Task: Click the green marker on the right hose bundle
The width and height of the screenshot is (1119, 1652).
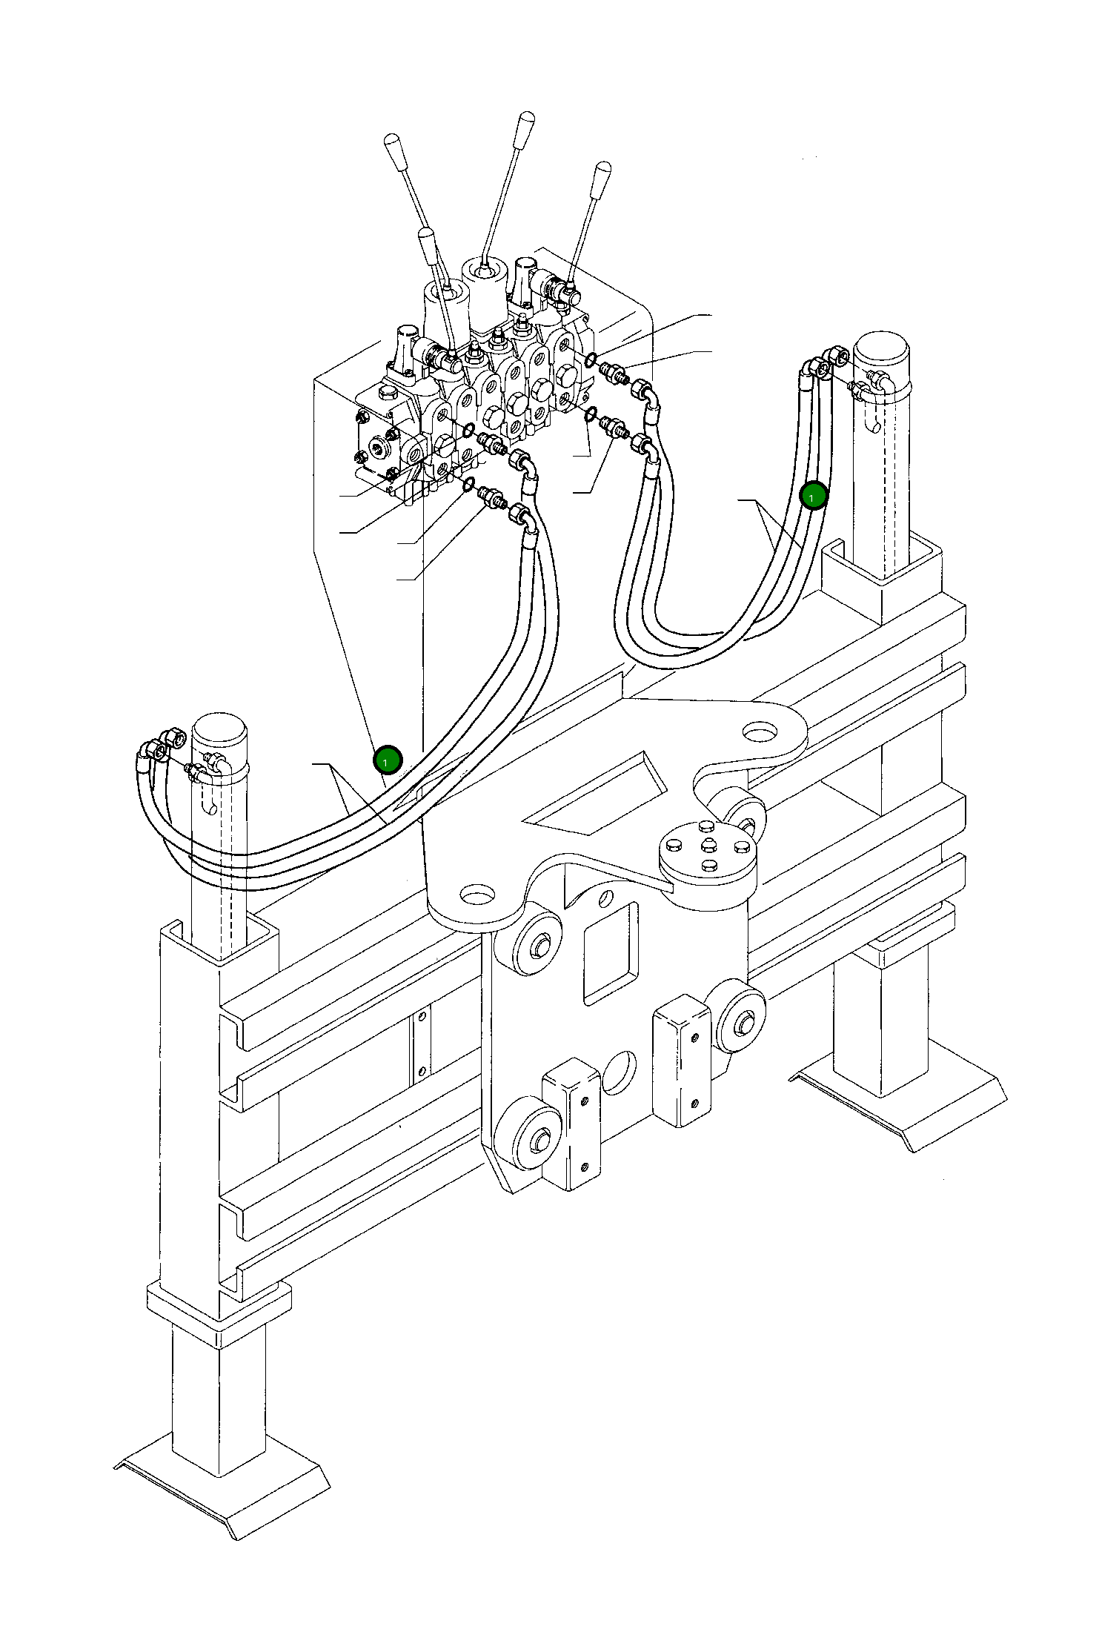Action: tap(814, 497)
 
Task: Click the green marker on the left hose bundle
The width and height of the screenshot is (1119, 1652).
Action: tap(387, 760)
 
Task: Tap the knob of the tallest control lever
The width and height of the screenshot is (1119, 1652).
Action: tap(526, 122)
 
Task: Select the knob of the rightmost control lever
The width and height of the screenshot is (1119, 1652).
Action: tap(602, 174)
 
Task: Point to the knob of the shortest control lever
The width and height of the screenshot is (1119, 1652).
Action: tap(426, 239)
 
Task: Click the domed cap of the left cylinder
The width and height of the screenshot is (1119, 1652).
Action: tap(219, 737)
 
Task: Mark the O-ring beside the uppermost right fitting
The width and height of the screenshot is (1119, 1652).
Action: tap(591, 360)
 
